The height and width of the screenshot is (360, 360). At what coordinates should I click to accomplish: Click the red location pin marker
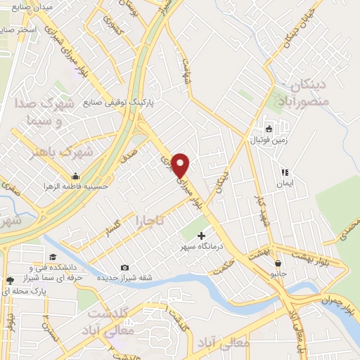click(181, 165)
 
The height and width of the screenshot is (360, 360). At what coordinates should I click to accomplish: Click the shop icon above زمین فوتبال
click(269, 129)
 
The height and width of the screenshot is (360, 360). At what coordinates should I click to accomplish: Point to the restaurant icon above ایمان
click(285, 172)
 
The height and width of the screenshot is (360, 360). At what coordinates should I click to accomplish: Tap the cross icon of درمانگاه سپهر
click(202, 236)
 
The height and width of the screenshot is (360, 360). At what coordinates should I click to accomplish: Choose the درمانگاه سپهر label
click(202, 247)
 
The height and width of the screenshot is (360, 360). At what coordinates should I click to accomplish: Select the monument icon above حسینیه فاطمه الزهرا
click(75, 176)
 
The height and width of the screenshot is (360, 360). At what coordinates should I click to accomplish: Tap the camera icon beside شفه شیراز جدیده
click(124, 267)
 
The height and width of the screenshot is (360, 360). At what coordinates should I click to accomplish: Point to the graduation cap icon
click(53, 257)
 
